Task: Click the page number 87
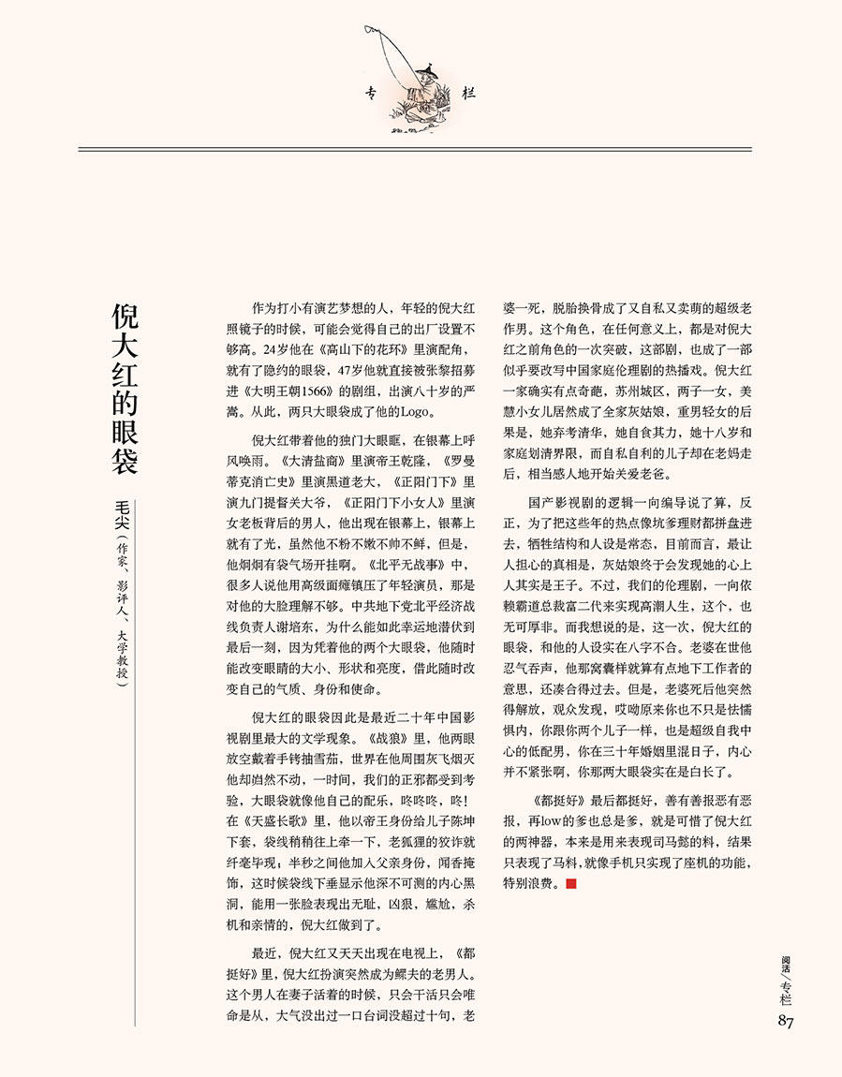(785, 1021)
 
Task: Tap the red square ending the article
(571, 883)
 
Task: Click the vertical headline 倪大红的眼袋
(126, 388)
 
